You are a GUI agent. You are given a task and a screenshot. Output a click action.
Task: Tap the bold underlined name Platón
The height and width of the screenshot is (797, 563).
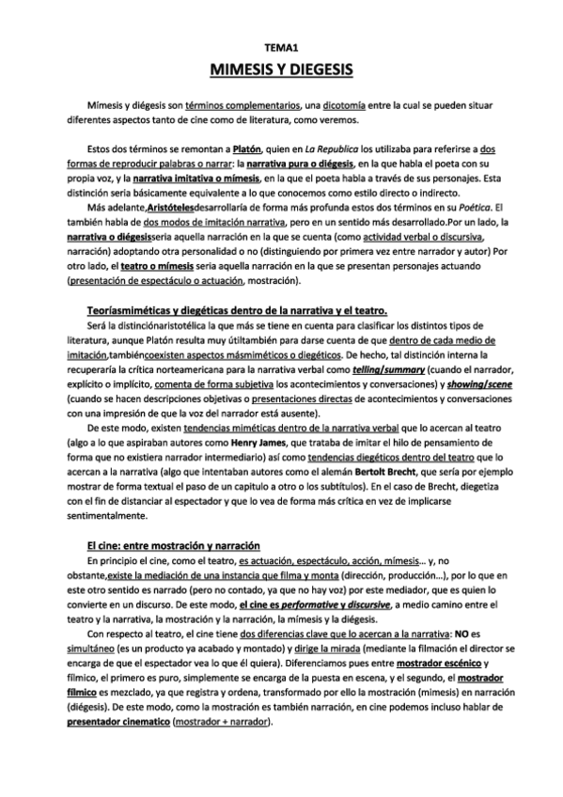tap(246, 148)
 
